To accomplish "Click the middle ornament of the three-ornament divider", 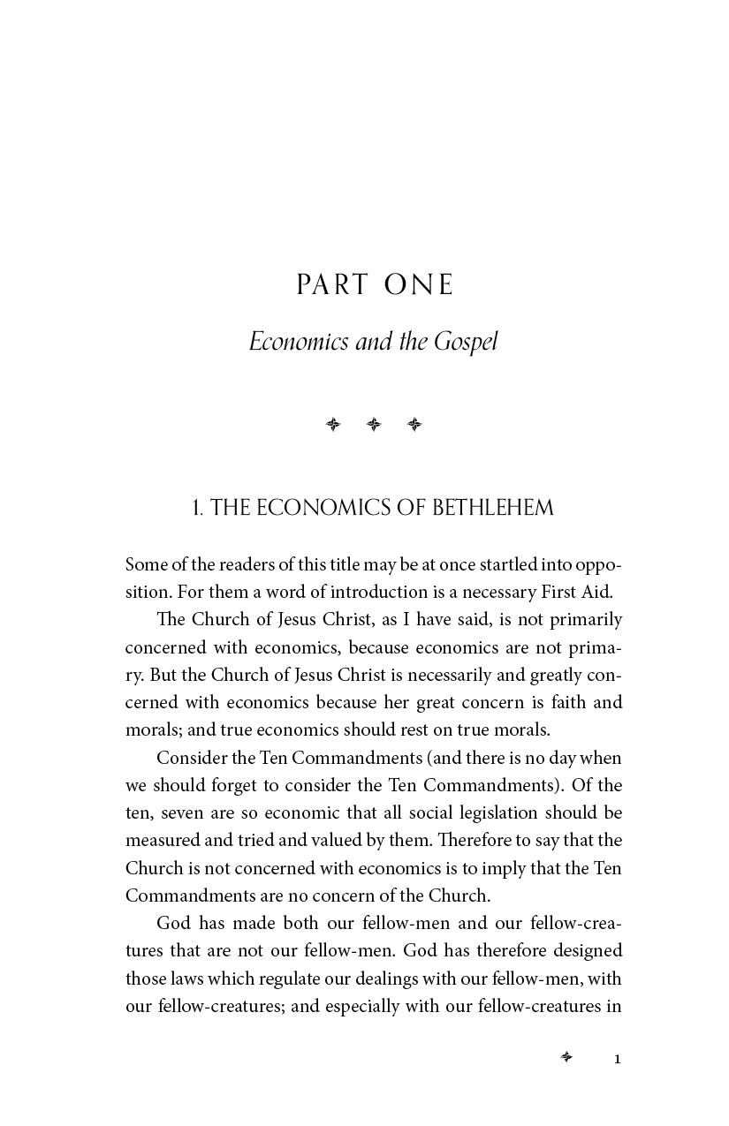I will click(x=374, y=425).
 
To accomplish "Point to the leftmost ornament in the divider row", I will click(x=333, y=425).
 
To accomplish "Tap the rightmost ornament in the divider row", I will click(x=414, y=425).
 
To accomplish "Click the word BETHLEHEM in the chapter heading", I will click(x=493, y=508).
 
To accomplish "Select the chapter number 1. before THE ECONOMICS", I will click(x=198, y=508).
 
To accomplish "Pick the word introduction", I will click(x=353, y=592).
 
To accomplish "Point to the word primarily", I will click(x=585, y=619).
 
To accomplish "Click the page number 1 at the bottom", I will click(x=618, y=1059).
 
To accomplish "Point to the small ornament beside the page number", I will click(x=566, y=1057).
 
